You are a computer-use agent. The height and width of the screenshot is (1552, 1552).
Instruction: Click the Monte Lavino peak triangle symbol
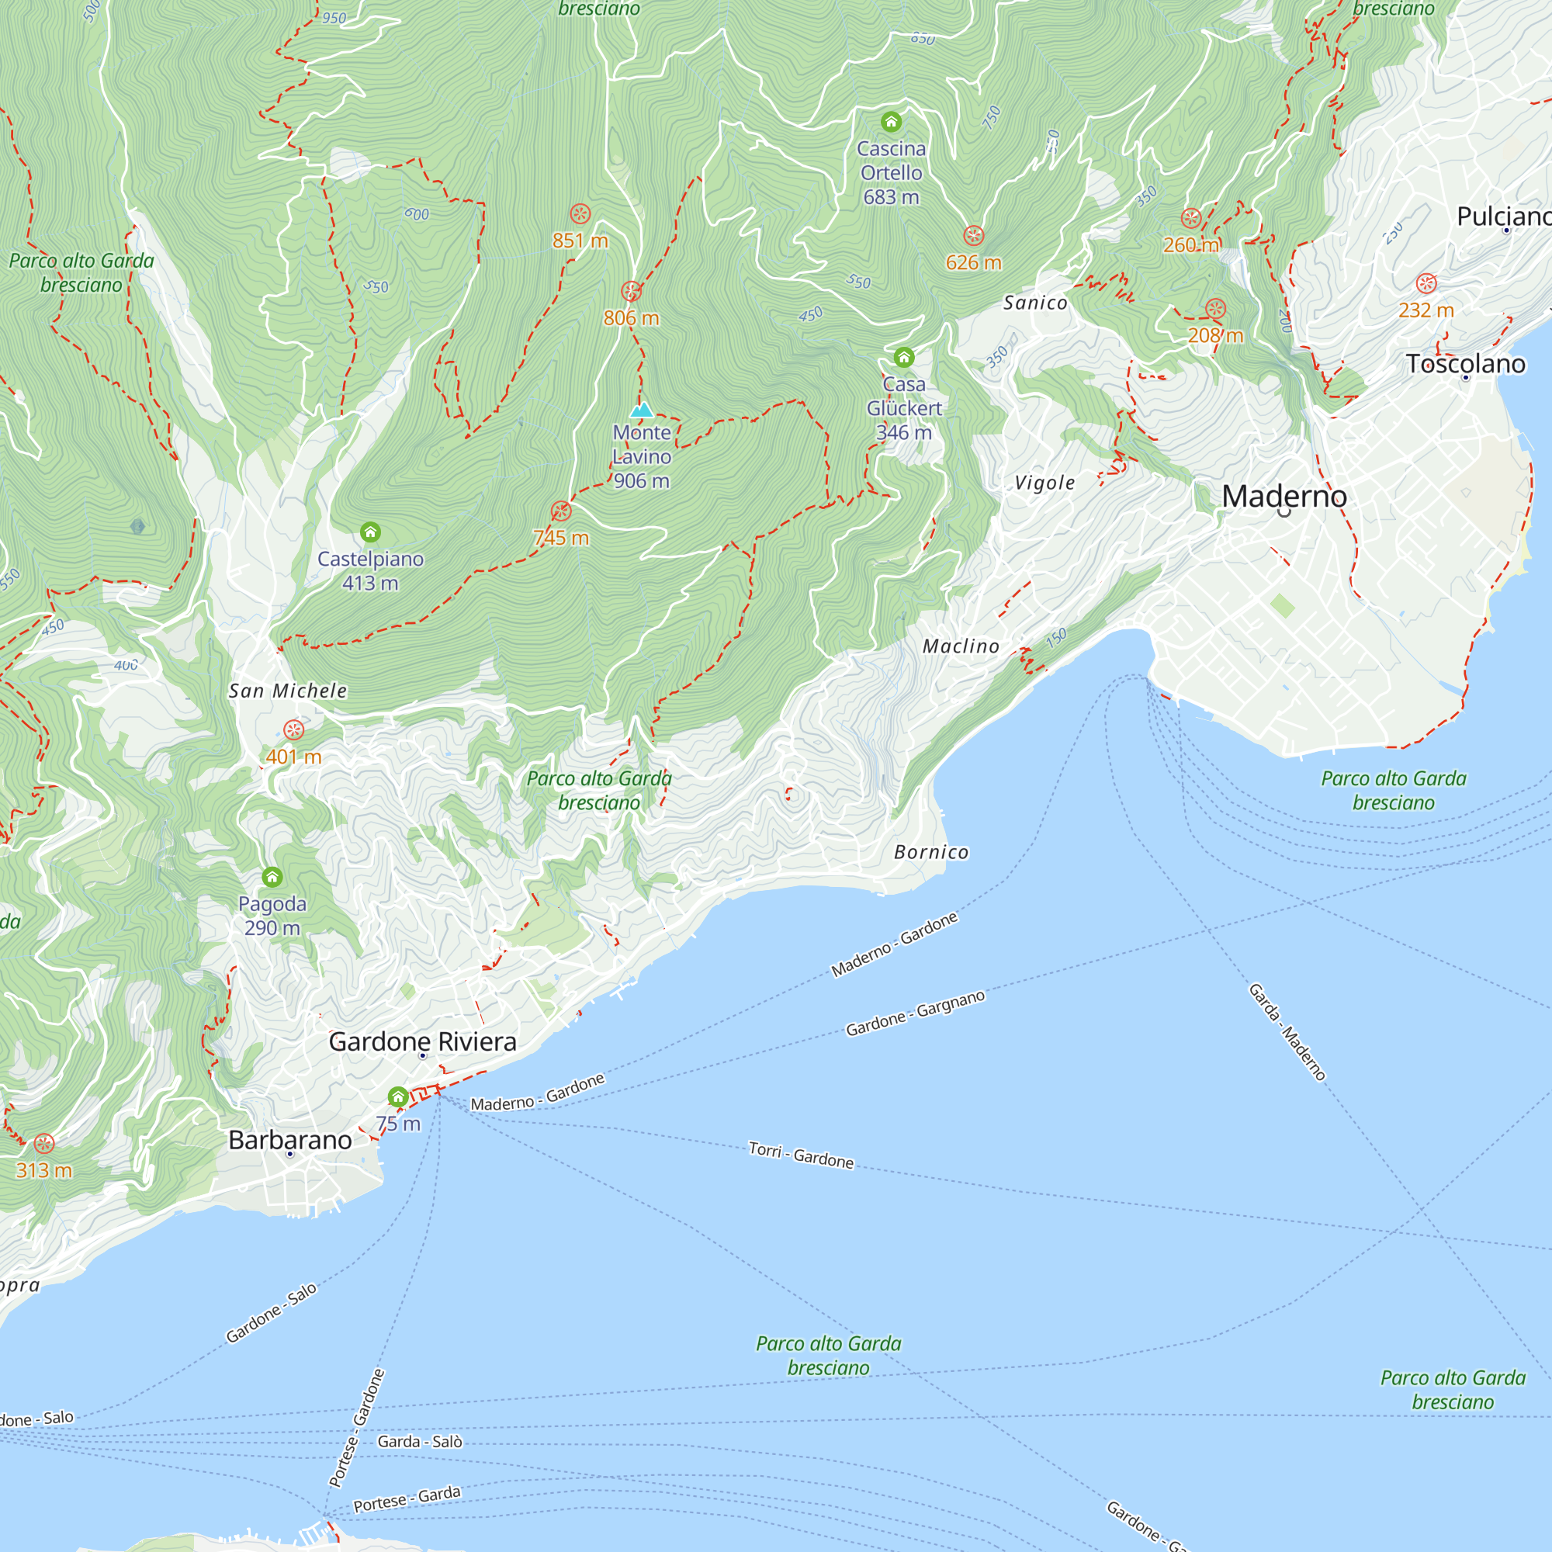pos(641,411)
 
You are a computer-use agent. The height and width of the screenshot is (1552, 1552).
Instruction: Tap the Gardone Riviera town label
pos(423,1042)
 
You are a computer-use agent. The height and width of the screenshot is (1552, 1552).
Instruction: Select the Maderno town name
pos(1284,496)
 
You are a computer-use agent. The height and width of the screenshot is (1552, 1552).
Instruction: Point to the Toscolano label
pos(1465,364)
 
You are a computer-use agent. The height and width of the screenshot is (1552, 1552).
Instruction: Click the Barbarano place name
pos(290,1140)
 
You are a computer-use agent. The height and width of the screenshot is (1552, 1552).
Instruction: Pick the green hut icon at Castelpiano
pos(370,532)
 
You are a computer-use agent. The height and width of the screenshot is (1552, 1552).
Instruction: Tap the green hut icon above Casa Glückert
pos(904,357)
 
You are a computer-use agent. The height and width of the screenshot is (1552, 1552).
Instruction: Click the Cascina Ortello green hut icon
pos(891,122)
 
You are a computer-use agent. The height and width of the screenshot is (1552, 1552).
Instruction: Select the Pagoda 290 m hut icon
pos(272,876)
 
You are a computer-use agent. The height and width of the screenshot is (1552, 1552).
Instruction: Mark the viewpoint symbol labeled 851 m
pos(580,213)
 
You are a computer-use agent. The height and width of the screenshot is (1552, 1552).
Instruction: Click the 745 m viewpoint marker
pos(561,511)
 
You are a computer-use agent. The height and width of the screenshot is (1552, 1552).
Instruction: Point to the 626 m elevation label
pos(973,263)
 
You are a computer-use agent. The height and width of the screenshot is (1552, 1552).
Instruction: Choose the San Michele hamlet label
pos(288,691)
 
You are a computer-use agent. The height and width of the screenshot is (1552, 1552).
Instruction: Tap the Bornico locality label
pos(931,852)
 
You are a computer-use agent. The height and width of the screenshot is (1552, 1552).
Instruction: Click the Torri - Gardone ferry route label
pos(801,1155)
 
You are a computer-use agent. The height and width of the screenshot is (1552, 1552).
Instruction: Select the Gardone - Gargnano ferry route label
pos(915,1013)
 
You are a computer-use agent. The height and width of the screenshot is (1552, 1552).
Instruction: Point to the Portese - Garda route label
pos(407,1499)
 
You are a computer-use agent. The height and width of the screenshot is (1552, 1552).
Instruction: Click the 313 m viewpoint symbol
pos(44,1143)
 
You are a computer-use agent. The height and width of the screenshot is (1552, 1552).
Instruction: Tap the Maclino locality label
pos(961,646)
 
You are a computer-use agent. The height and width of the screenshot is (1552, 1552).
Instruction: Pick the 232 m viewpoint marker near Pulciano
pos(1426,282)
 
